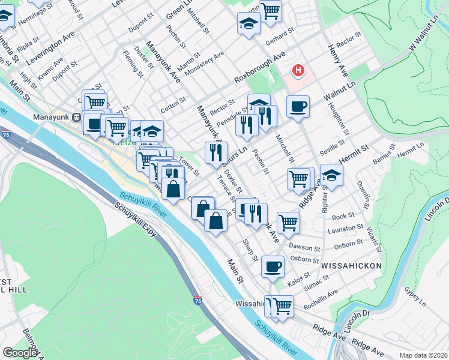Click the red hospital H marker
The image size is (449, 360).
[298, 71]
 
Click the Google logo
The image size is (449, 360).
[20, 353]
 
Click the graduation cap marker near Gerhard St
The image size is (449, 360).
[249, 25]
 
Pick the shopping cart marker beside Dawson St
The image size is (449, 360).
[289, 222]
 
